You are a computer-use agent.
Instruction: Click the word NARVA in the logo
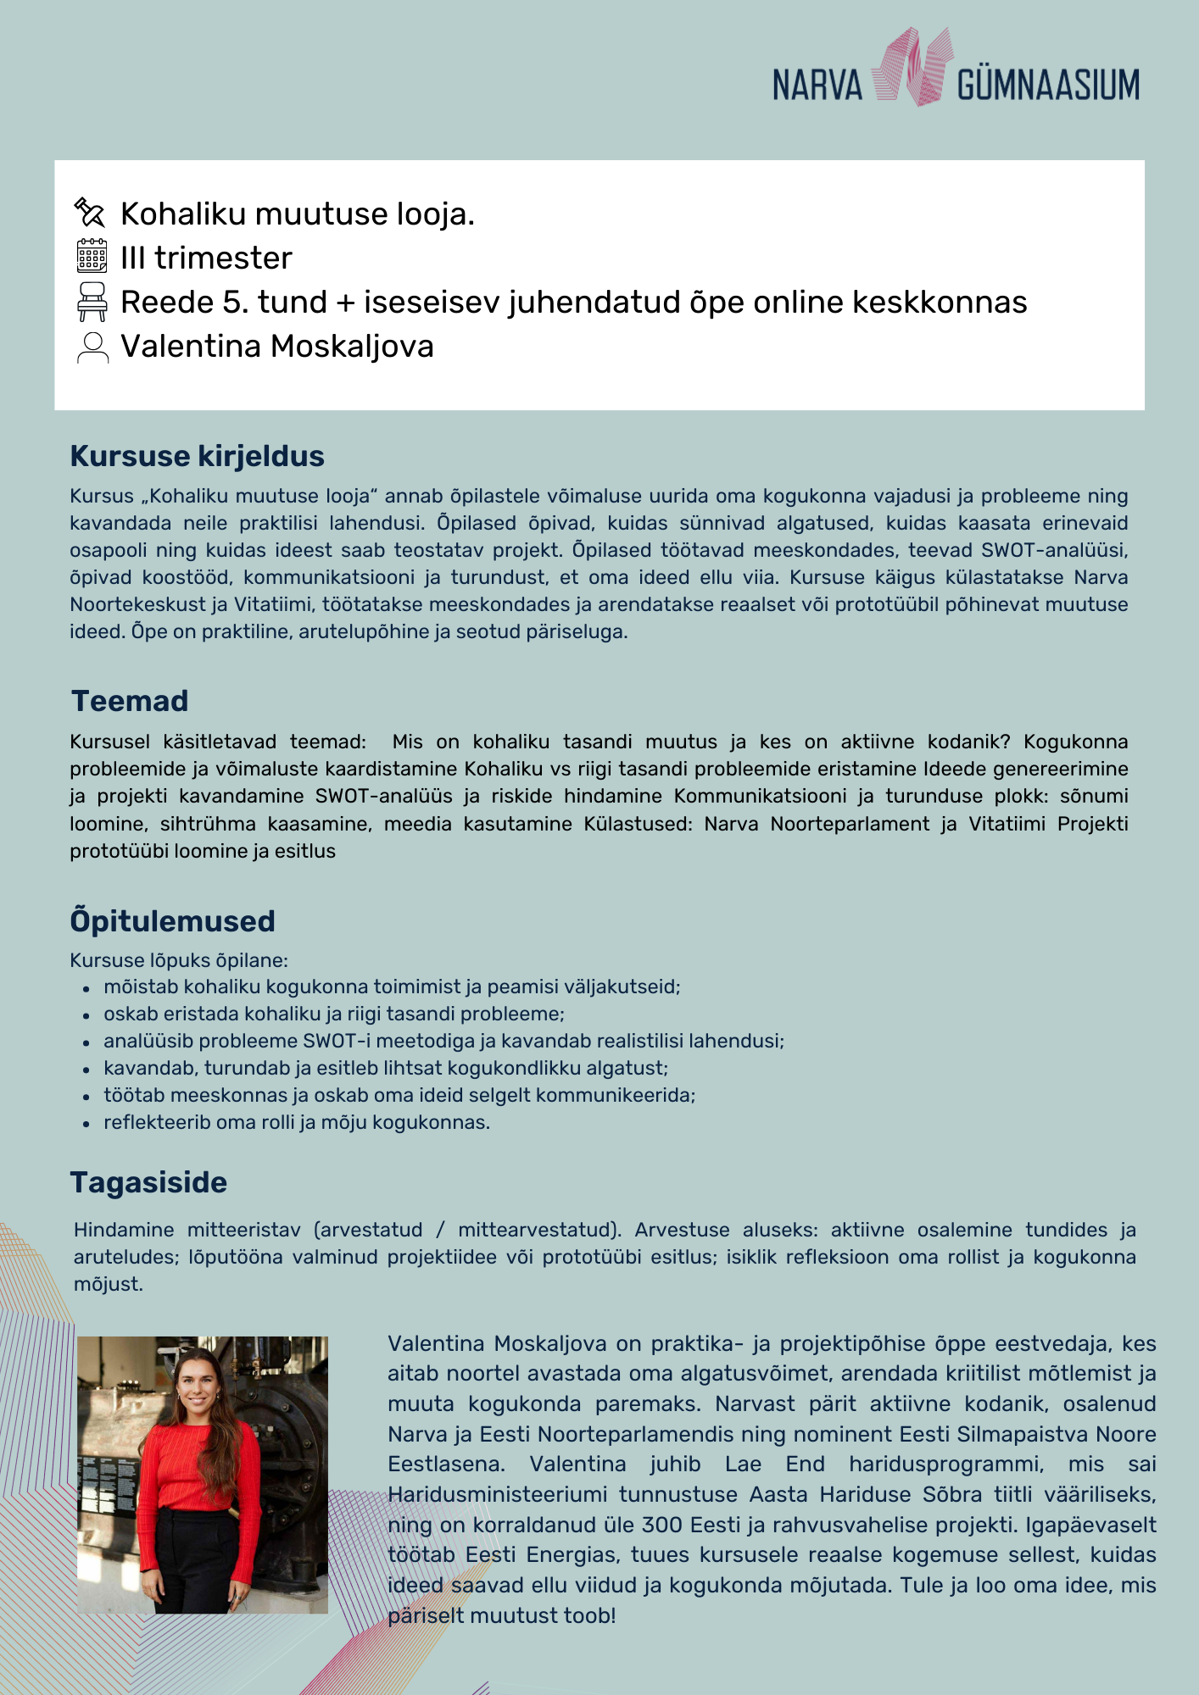[x=817, y=86]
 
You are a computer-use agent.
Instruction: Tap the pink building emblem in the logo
[x=910, y=68]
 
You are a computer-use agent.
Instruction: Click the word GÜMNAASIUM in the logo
[x=1048, y=86]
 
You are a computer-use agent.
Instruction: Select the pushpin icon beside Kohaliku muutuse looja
[x=90, y=213]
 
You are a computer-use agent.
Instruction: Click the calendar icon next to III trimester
[x=92, y=256]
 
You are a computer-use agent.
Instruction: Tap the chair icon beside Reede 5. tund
[x=92, y=302]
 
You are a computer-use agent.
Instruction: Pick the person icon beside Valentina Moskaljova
[x=92, y=347]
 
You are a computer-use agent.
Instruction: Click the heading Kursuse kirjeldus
[x=197, y=456]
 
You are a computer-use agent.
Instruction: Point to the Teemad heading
[x=130, y=701]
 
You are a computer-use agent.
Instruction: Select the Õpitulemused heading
[x=172, y=921]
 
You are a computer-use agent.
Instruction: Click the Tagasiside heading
[x=148, y=1182]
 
